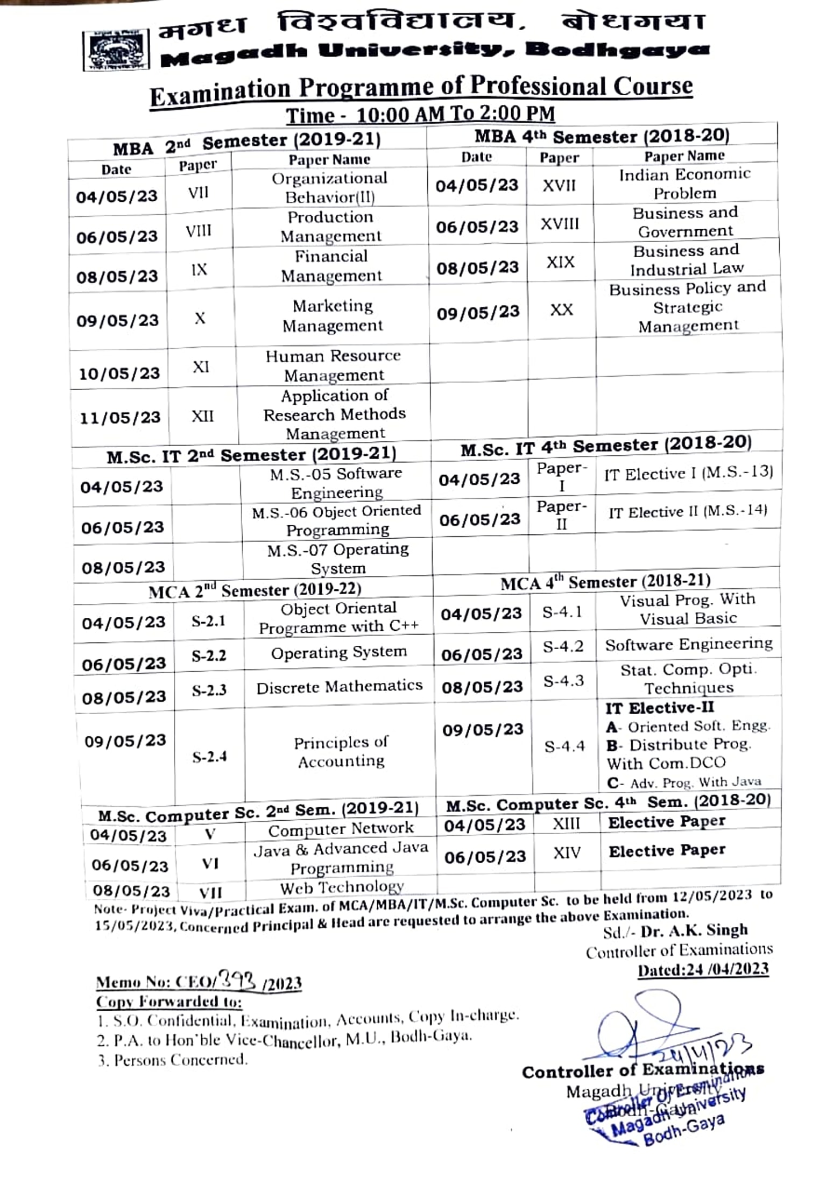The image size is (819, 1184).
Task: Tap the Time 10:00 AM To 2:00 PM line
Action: click(x=420, y=114)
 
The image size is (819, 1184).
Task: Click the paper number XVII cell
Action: click(x=559, y=186)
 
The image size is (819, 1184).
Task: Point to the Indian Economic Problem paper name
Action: click(x=684, y=184)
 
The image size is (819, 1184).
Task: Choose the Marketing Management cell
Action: click(x=333, y=316)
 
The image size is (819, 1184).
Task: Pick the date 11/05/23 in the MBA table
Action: click(x=120, y=418)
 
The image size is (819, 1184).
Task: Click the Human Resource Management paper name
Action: click(x=334, y=365)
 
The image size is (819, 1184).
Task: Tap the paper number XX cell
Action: click(x=561, y=310)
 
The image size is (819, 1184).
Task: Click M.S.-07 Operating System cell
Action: click(x=338, y=559)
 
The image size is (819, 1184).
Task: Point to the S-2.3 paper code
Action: click(x=209, y=690)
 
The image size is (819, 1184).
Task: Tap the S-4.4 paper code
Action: click(x=564, y=746)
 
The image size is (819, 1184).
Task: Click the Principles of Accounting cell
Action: click(x=341, y=752)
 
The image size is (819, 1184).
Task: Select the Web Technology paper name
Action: click(x=342, y=886)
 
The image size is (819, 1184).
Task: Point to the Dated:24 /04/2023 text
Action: click(x=703, y=969)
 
